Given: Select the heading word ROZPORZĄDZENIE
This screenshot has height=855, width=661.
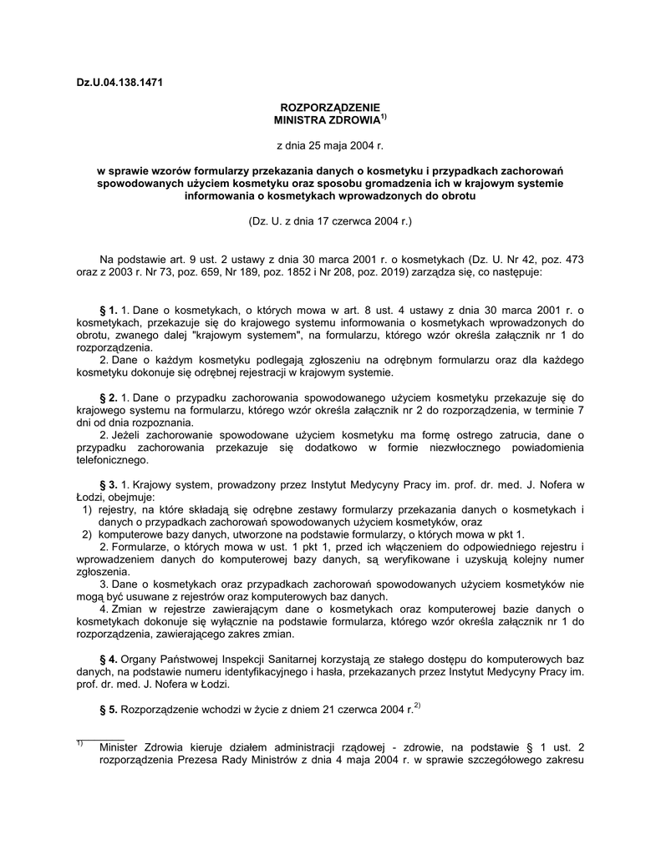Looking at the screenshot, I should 329,108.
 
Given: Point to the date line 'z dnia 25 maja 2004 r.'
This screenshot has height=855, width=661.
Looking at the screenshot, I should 329,146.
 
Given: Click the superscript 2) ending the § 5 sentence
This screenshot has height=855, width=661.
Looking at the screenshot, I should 416,707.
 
